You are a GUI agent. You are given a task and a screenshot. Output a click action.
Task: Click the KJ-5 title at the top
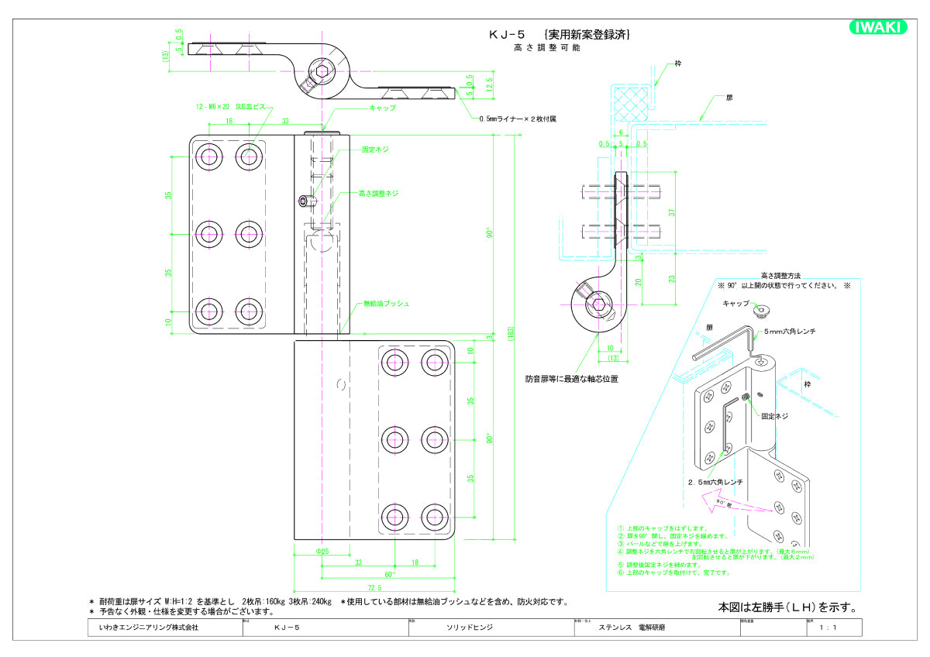pos(507,34)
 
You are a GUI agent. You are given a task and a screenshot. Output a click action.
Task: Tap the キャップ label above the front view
pos(383,108)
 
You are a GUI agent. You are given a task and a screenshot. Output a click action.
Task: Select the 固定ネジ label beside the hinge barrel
pos(375,150)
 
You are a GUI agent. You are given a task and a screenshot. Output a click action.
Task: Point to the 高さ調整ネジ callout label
pos(378,193)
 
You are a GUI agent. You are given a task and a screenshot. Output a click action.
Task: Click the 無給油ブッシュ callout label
pos(386,304)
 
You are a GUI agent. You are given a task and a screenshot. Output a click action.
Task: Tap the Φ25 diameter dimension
pos(322,551)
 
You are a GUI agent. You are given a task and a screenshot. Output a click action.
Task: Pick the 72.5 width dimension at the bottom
pos(376,588)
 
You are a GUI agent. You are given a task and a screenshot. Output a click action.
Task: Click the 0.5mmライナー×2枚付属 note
pos(518,119)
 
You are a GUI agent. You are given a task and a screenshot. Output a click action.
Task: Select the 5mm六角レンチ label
pos(790,332)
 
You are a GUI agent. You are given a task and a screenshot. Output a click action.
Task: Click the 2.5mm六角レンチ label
pos(715,482)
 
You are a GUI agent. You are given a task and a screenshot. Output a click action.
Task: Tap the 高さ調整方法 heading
pos(780,275)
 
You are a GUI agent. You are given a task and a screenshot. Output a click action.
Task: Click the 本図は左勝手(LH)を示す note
pos(786,607)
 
